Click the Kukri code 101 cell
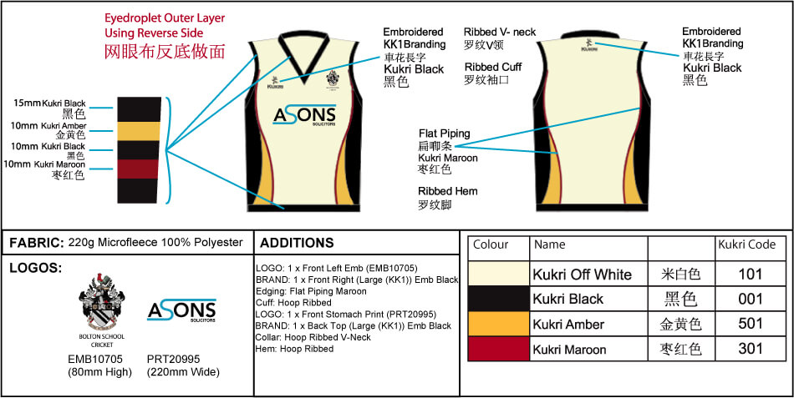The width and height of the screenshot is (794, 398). (x=751, y=274)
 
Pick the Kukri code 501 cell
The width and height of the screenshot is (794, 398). (x=751, y=325)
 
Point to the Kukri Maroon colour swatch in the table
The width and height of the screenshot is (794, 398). (x=498, y=350)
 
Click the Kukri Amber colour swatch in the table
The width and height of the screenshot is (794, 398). (x=498, y=325)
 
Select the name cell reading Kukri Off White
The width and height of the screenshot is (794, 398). (x=582, y=275)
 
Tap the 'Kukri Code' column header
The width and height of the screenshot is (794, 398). (x=746, y=245)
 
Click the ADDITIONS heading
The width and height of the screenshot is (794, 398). (x=297, y=243)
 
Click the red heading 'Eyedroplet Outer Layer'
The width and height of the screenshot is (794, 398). (x=164, y=18)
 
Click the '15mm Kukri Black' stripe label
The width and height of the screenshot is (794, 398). (x=50, y=103)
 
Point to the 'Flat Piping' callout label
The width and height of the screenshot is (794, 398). (x=444, y=134)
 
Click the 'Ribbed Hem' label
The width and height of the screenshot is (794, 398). (x=447, y=191)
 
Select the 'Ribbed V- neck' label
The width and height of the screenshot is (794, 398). (x=500, y=33)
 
